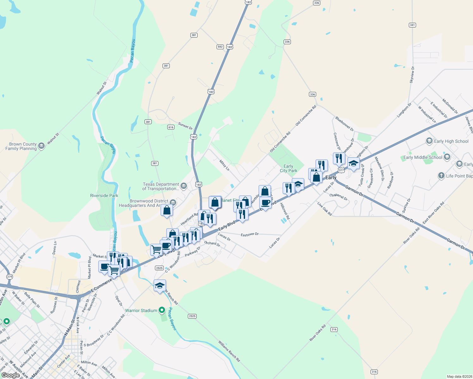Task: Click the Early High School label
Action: point(451,141)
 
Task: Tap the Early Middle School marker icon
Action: point(447,157)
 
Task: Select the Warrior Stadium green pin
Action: point(162,310)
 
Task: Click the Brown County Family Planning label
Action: point(21,146)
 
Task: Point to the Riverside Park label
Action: point(104,196)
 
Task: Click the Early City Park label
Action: point(288,168)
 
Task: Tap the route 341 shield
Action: point(412,25)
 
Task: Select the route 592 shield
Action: point(220,47)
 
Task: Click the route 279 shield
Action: point(9,277)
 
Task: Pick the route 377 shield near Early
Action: point(341,170)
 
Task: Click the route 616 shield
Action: point(171,127)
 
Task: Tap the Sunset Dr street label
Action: point(185,126)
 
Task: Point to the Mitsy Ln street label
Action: point(224,165)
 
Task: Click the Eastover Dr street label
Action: point(249,234)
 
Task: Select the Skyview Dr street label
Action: point(412,75)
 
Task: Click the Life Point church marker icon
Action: point(441,176)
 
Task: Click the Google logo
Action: point(10,375)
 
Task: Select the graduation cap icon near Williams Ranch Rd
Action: point(160,286)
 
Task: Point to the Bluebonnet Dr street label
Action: point(345,124)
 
